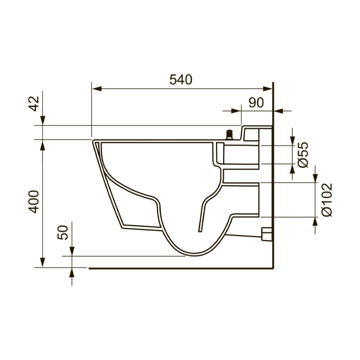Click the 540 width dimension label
click(x=181, y=80)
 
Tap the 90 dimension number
click(x=256, y=103)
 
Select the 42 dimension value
click(x=34, y=103)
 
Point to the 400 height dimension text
click(x=34, y=202)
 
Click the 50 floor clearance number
click(x=63, y=232)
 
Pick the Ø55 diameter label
click(x=302, y=155)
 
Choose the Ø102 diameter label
click(x=327, y=200)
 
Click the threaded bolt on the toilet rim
click(x=229, y=135)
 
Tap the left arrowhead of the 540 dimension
click(x=97, y=89)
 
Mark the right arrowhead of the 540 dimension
click(x=267, y=89)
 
